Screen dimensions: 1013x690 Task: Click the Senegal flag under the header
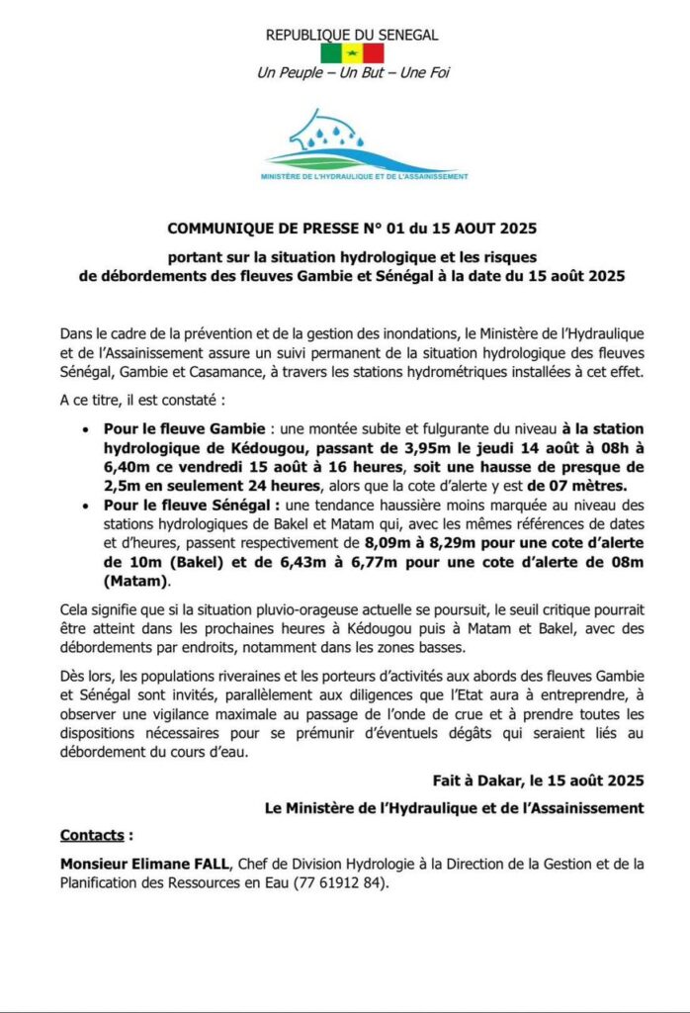point(352,52)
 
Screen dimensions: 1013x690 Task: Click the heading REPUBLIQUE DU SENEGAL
point(352,35)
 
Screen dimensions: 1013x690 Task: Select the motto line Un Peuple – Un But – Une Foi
point(352,72)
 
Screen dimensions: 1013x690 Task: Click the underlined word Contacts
point(94,834)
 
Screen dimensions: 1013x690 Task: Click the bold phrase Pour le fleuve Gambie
point(182,430)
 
